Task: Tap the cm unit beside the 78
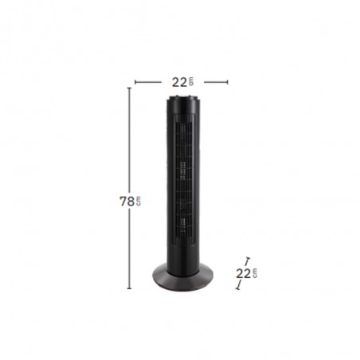[135, 201]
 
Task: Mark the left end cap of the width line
[135, 81]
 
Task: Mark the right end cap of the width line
[229, 81]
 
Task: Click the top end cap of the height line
[130, 88]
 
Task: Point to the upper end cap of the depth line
[248, 258]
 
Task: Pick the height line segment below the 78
[130, 247]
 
